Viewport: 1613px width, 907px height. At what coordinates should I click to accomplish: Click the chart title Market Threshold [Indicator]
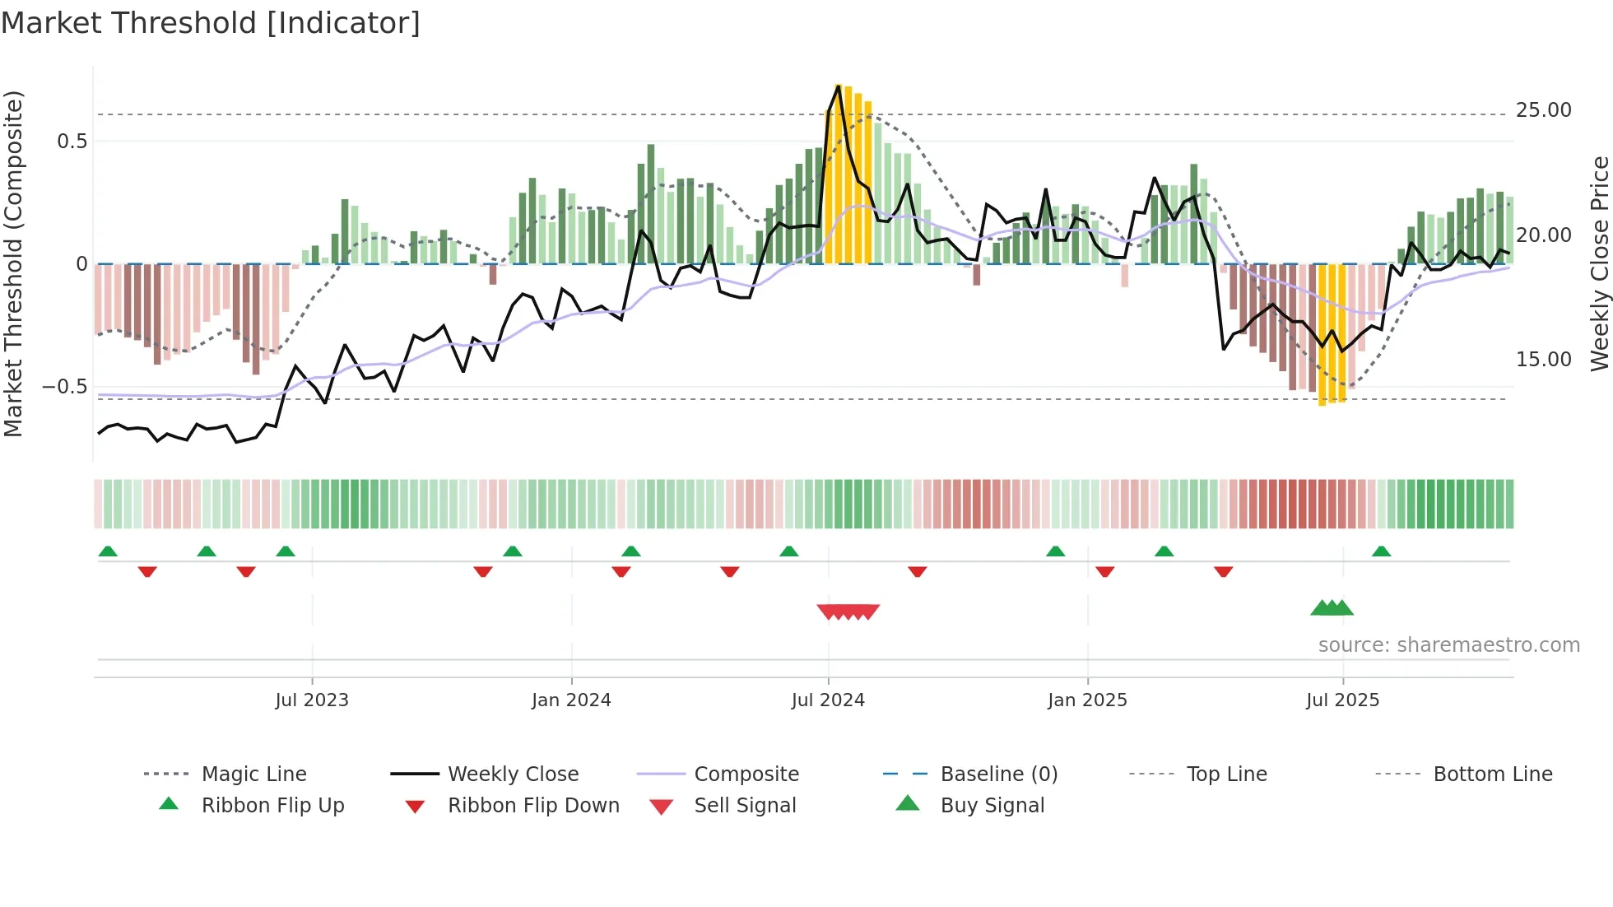(211, 23)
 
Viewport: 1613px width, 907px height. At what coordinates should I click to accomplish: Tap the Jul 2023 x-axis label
(312, 700)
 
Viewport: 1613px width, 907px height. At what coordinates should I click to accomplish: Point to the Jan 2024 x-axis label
(571, 700)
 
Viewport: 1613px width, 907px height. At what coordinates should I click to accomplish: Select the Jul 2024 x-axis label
(828, 700)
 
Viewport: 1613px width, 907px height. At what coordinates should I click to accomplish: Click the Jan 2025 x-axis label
(1087, 700)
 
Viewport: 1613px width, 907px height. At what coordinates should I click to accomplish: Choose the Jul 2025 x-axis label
(1342, 700)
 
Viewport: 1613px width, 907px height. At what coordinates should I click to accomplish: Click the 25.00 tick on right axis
(1543, 110)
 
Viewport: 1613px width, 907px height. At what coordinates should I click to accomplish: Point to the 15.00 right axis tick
(1543, 360)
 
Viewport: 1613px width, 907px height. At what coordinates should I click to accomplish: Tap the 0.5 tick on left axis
(72, 142)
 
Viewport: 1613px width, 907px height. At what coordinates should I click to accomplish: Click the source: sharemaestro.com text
(1448, 645)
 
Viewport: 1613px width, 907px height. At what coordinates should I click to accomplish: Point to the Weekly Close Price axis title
(1599, 263)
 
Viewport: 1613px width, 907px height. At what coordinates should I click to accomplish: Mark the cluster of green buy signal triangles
(1332, 609)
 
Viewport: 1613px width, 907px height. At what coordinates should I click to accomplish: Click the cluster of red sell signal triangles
(848, 612)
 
